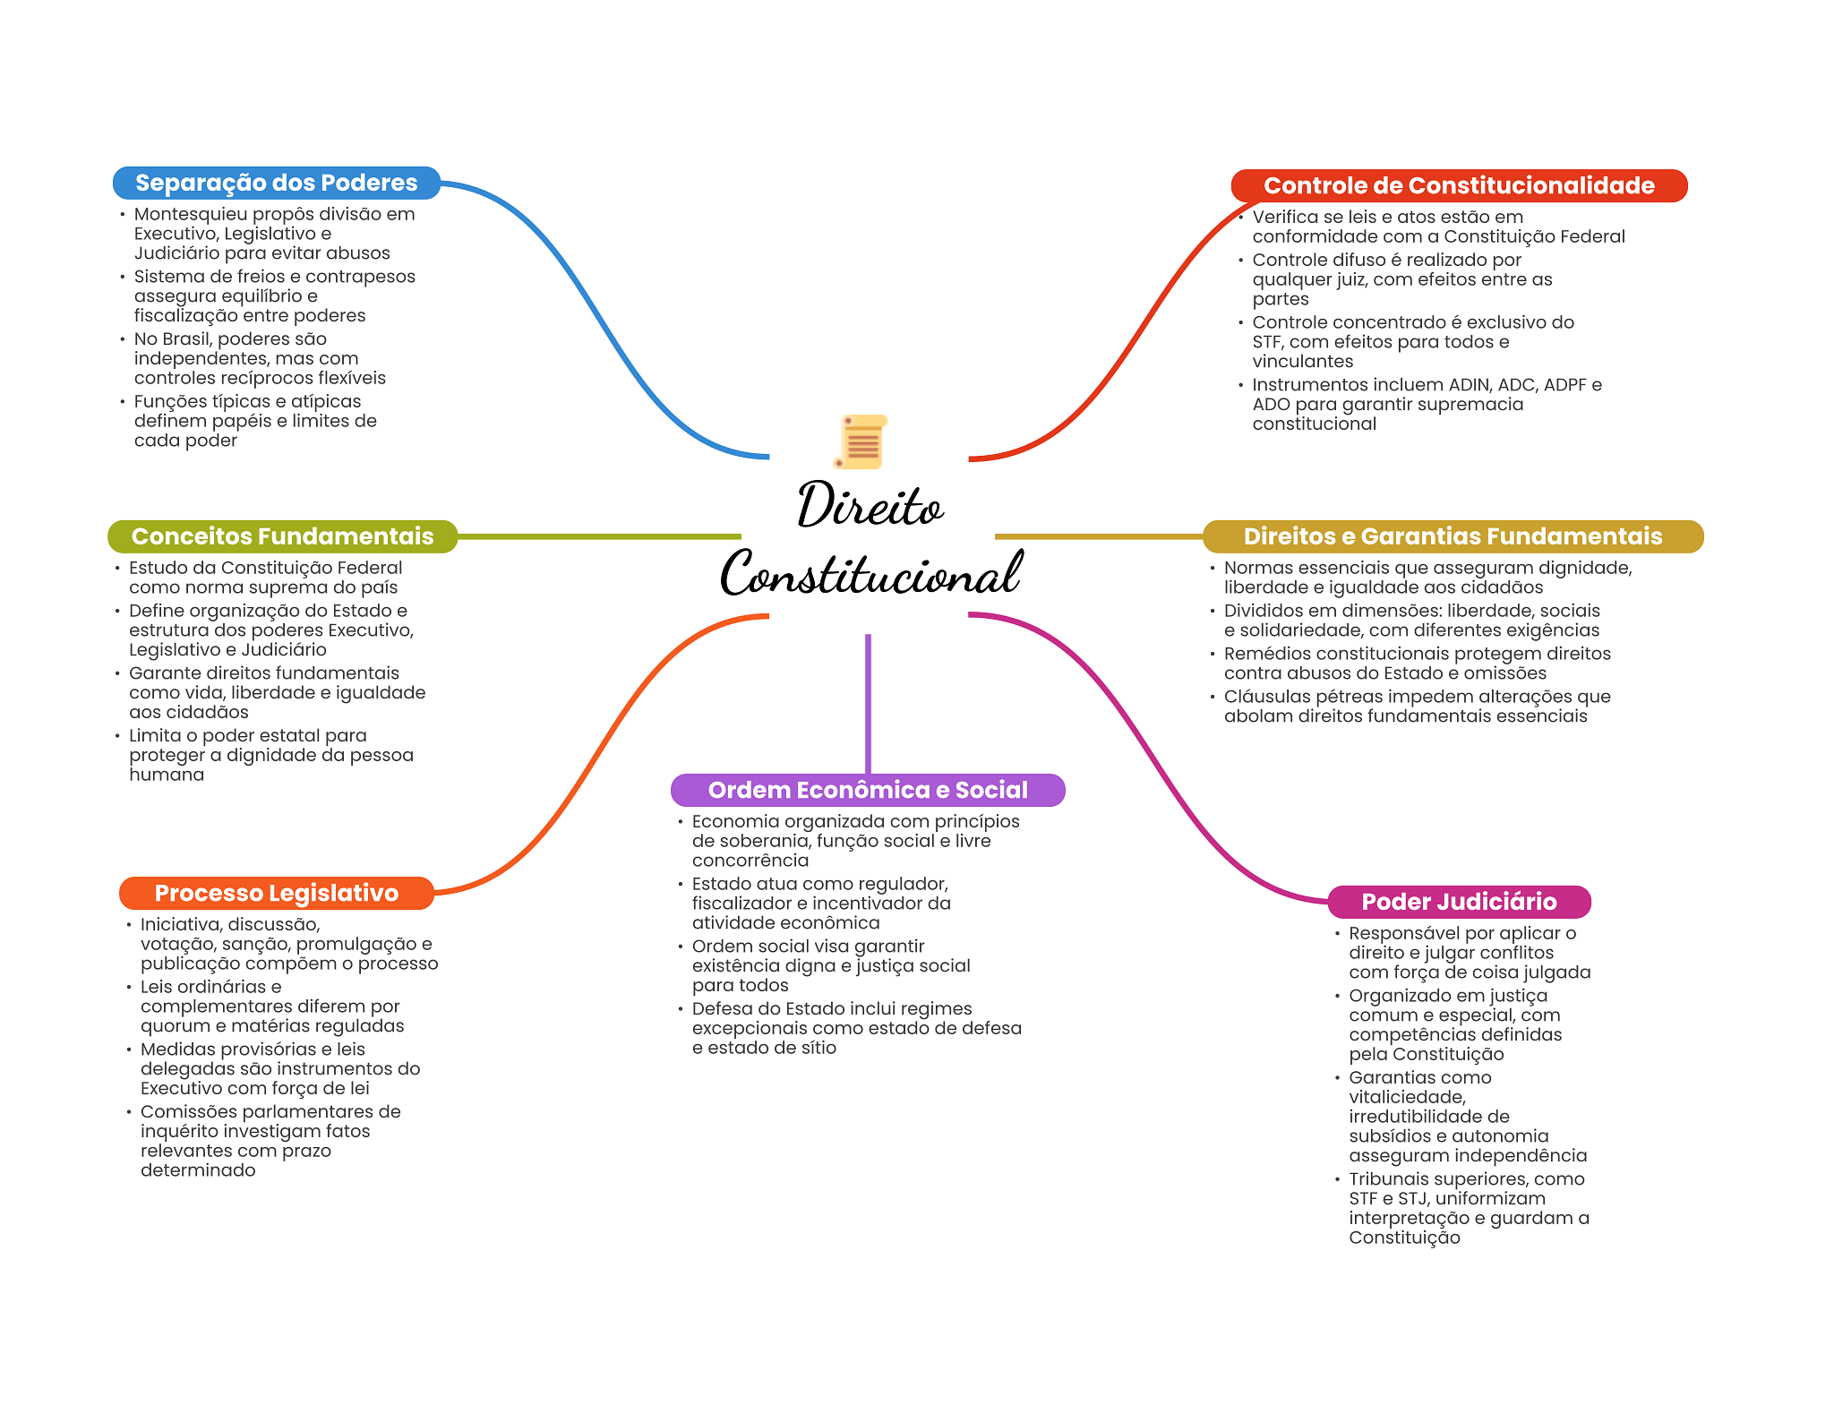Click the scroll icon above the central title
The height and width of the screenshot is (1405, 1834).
pyautogui.click(x=861, y=441)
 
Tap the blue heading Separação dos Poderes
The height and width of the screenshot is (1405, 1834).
pyautogui.click(x=277, y=183)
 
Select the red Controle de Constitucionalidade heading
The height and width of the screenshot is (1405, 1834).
pyautogui.click(x=1459, y=185)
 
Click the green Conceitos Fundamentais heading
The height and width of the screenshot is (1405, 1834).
pyautogui.click(x=282, y=536)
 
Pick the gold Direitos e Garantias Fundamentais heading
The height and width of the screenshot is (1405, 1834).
pyautogui.click(x=1453, y=536)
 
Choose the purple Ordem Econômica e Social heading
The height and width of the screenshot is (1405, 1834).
pyautogui.click(x=868, y=790)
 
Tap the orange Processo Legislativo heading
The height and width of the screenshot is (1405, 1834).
pyautogui.click(x=277, y=893)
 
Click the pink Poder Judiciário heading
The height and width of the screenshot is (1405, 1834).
pyautogui.click(x=1459, y=902)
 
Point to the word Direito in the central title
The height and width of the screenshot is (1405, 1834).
pyautogui.click(x=870, y=505)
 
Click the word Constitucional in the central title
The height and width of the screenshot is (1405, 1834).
pyautogui.click(x=870, y=573)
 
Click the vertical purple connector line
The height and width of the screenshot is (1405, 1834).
pyautogui.click(x=868, y=704)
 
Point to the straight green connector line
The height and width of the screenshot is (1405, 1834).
pyautogui.click(x=599, y=536)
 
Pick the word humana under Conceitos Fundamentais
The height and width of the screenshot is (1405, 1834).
pyautogui.click(x=167, y=775)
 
